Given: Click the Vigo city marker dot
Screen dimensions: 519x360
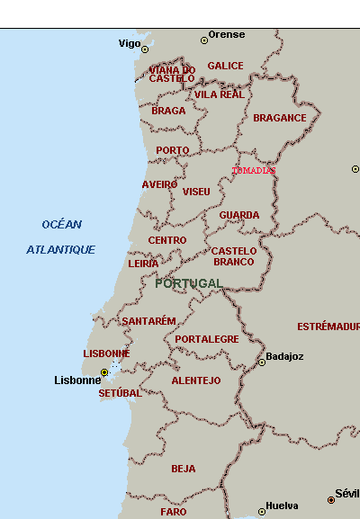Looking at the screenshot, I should (144, 49).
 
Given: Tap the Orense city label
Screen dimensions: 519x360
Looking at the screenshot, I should (226, 35).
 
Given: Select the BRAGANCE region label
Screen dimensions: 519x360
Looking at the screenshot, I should (279, 118).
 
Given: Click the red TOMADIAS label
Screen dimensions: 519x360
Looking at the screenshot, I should (254, 170).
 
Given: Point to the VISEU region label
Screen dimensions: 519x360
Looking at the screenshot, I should (196, 192).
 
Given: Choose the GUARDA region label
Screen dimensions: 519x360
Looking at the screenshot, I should (238, 215).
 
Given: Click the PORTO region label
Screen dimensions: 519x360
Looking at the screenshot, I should (172, 150).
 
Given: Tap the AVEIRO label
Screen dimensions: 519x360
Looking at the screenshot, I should (159, 184).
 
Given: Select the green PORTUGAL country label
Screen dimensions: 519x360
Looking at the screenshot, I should (188, 283).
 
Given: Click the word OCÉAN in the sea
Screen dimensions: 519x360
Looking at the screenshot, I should (61, 224).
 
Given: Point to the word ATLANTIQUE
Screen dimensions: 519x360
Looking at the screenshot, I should (60, 249).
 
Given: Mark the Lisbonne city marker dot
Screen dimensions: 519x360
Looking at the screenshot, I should (104, 371).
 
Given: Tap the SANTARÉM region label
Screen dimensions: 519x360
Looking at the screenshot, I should (148, 321).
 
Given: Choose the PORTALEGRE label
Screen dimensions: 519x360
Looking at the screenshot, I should (207, 339).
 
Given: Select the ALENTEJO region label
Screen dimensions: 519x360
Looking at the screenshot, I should (195, 380).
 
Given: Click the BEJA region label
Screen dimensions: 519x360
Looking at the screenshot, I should (183, 469).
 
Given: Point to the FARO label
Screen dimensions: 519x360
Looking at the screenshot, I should (174, 511).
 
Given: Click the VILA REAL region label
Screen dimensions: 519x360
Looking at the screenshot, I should (219, 94).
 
